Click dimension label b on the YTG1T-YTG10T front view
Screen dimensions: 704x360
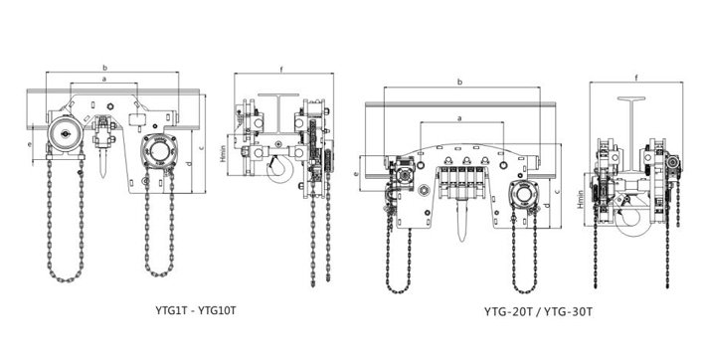[x=105, y=68]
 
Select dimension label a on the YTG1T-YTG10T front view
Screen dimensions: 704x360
[x=104, y=79]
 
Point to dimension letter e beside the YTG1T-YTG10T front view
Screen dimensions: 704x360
[x=30, y=144]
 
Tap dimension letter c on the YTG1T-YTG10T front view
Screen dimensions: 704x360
[x=202, y=147]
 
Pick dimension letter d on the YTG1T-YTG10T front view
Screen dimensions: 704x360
[x=189, y=163]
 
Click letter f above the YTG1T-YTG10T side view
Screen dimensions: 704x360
[x=281, y=70]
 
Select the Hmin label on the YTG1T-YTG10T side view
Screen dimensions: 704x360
[x=223, y=153]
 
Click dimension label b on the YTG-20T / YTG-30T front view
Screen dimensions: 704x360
[x=459, y=82]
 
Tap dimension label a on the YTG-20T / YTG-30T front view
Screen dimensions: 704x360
[x=459, y=118]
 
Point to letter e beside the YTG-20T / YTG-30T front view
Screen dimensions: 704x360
[x=357, y=174]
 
